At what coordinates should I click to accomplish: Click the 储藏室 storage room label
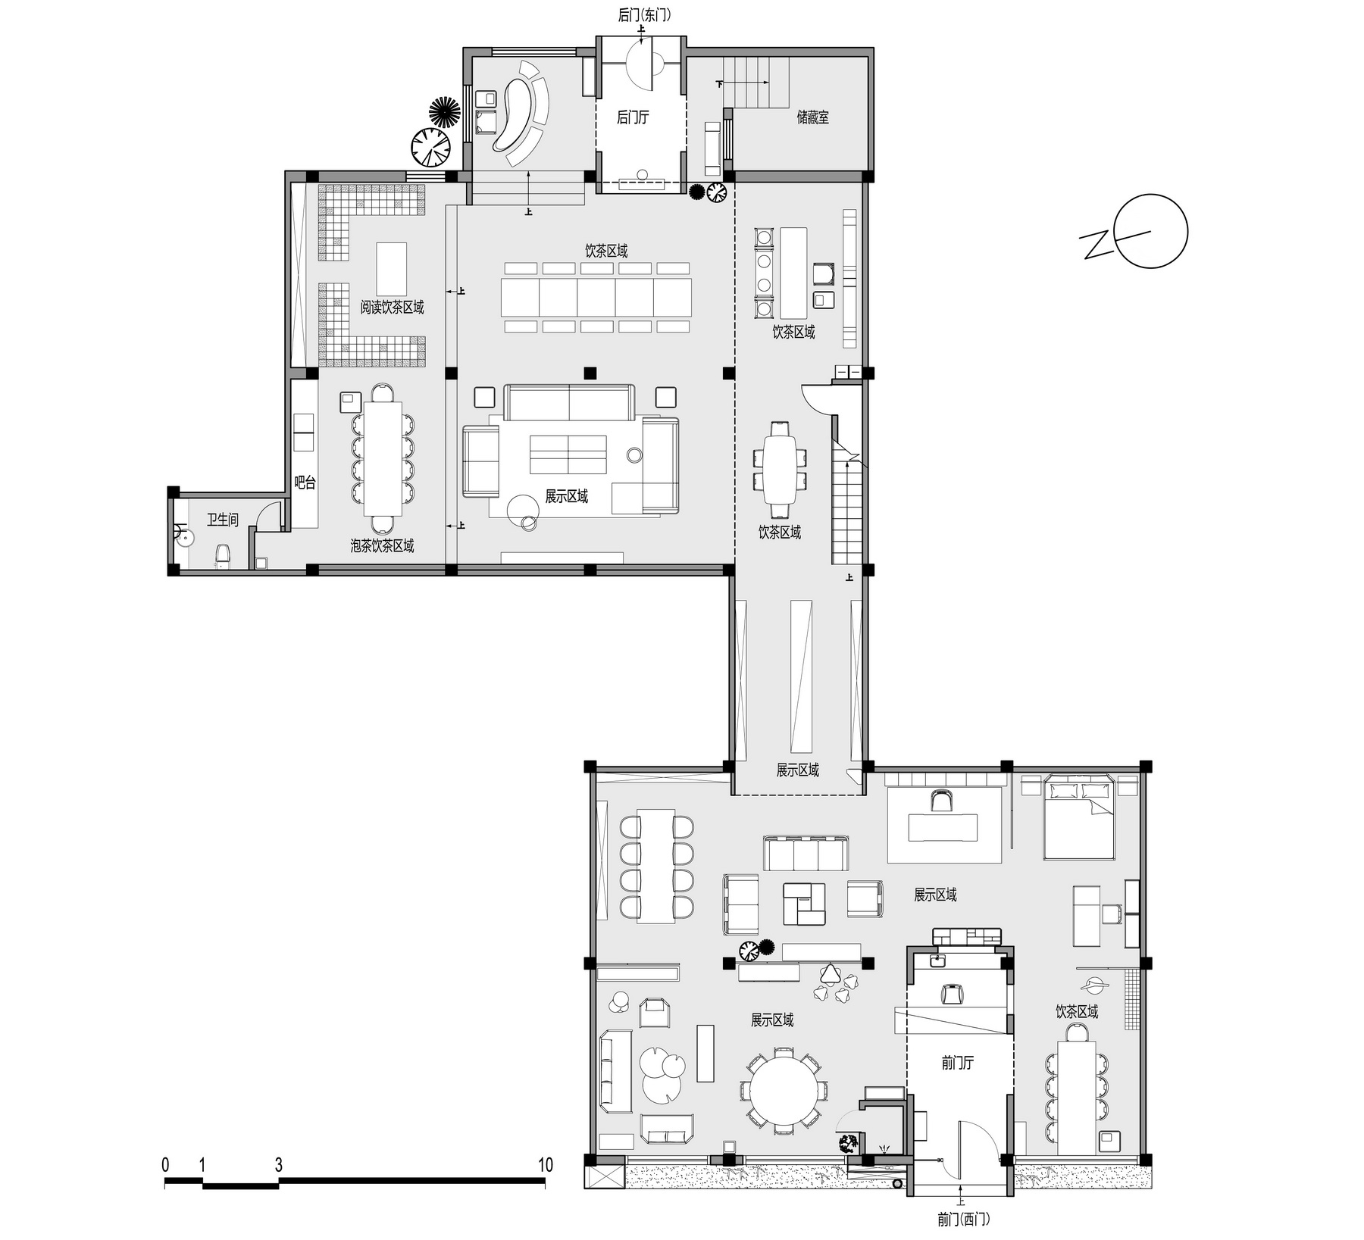812,117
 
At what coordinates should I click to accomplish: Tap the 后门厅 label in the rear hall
633,117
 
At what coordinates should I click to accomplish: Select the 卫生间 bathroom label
223,520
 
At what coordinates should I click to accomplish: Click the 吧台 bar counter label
305,483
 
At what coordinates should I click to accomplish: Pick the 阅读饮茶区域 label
392,307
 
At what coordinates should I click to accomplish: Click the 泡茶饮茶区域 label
382,545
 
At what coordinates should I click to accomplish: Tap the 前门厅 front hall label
958,1063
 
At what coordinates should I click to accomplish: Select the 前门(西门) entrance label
962,1220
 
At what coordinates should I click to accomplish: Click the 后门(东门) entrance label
644,15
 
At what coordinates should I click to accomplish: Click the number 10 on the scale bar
545,1165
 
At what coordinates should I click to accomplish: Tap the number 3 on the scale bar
278,1165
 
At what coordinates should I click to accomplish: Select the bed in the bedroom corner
1078,820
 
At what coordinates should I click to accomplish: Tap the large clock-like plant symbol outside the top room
430,146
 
